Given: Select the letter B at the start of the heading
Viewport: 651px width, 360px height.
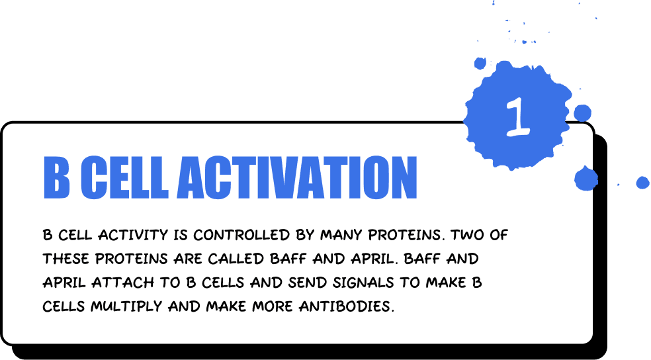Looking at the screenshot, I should (57, 178).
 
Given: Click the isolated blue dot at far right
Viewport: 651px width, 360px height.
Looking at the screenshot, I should (642, 183).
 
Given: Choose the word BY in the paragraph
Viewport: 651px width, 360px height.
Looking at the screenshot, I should (301, 235).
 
